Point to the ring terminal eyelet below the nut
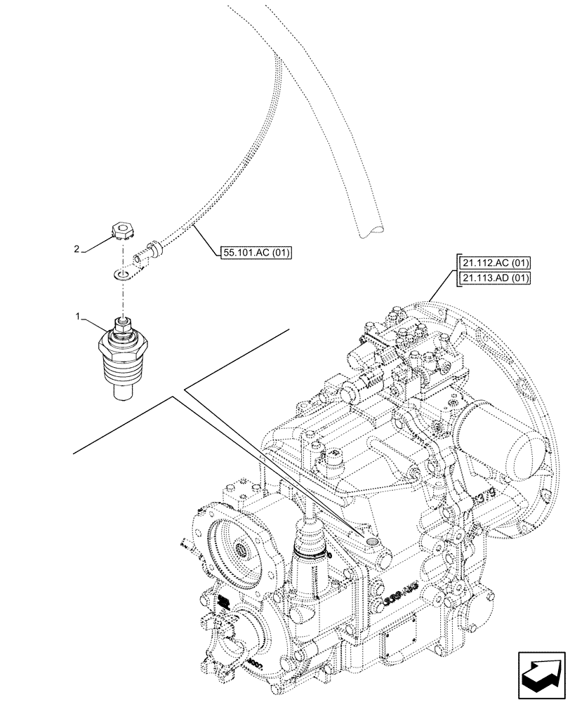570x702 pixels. coord(124,273)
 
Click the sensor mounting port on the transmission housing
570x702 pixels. coord(370,540)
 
